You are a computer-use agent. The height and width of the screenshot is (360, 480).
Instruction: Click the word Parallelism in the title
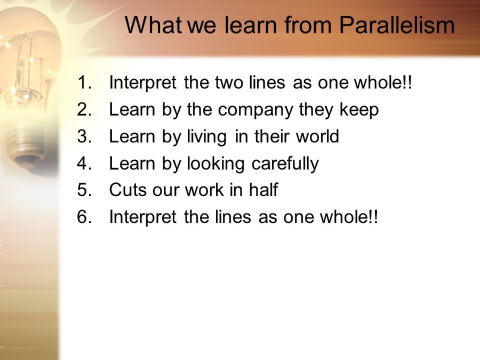(397, 25)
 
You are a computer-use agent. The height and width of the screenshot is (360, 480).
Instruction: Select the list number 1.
(85, 82)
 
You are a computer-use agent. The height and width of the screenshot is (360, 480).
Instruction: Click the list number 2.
(85, 109)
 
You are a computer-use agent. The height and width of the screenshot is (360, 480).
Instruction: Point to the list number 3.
(85, 136)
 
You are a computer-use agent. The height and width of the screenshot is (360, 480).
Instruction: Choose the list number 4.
(85, 163)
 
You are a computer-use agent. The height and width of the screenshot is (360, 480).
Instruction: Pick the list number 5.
(85, 190)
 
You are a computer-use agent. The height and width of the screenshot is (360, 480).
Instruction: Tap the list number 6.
(85, 217)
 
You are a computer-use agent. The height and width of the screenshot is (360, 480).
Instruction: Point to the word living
(207, 138)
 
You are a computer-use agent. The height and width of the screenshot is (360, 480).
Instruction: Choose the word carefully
(285, 164)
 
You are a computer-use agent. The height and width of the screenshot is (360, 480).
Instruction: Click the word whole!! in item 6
(349, 217)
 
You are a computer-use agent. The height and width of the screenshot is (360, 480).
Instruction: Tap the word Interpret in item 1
(142, 83)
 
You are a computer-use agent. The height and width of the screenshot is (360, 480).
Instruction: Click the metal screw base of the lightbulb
(27, 143)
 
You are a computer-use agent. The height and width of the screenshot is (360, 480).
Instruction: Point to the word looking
(216, 164)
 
